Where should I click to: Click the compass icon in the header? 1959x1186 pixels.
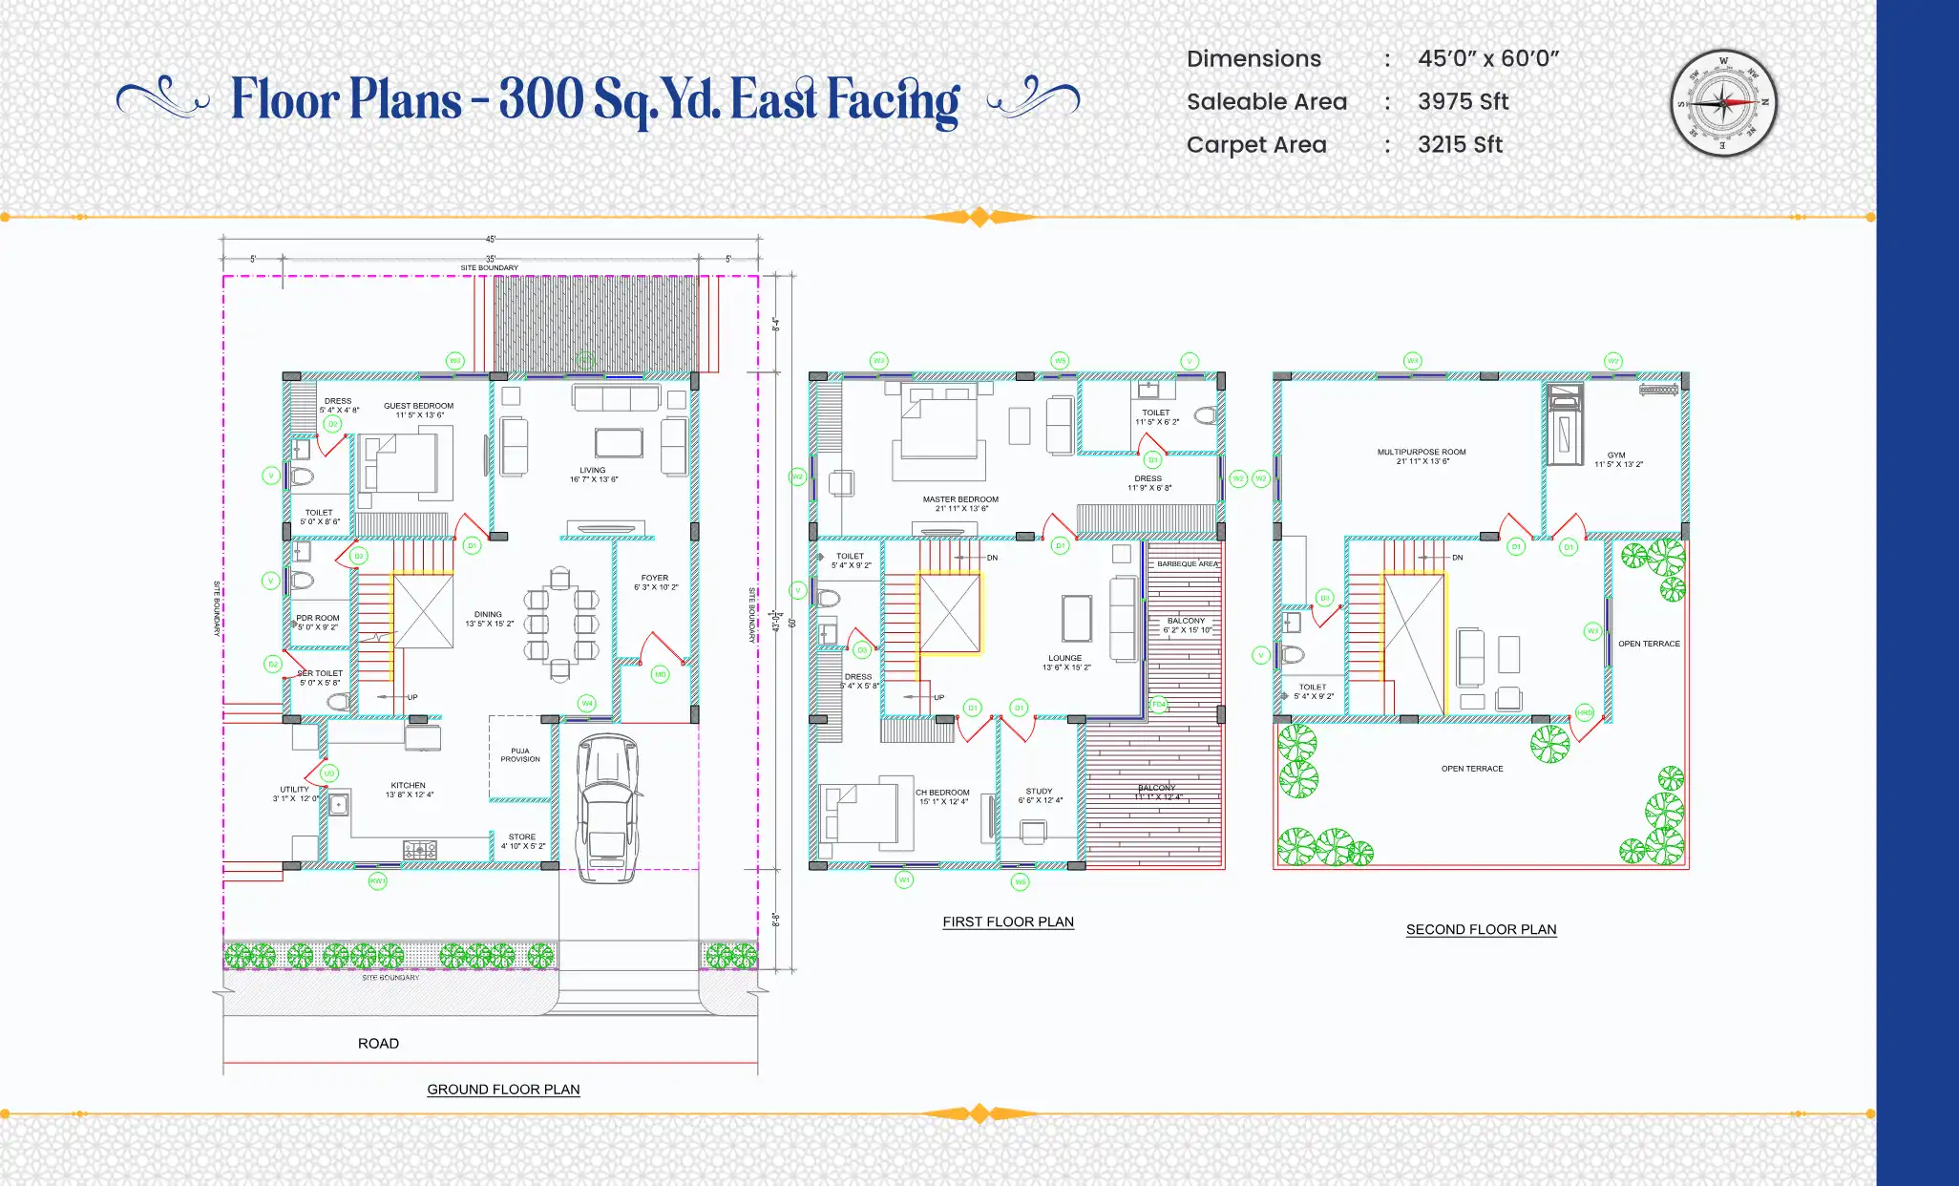pyautogui.click(x=1723, y=103)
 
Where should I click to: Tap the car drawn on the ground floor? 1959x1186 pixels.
pyautogui.click(x=607, y=807)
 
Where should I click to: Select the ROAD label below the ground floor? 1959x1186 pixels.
pyautogui.click(x=378, y=1043)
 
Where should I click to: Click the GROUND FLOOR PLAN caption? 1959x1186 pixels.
pyautogui.click(x=503, y=1089)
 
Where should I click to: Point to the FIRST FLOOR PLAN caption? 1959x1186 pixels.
pyautogui.click(x=1008, y=921)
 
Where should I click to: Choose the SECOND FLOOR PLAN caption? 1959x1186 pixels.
pyautogui.click(x=1481, y=929)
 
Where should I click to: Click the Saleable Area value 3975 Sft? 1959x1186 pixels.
pyautogui.click(x=1463, y=101)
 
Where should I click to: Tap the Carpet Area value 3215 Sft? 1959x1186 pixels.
pyautogui.click(x=1460, y=144)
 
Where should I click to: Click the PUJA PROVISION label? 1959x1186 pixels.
pyautogui.click(x=520, y=754)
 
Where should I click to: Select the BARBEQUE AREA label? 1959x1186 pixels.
pyautogui.click(x=1187, y=563)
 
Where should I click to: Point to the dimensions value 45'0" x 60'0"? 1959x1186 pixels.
pyautogui.click(x=1487, y=58)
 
